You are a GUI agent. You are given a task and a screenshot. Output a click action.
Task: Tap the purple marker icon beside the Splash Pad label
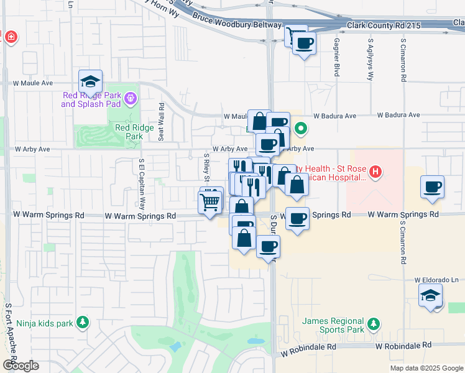coord(131,98)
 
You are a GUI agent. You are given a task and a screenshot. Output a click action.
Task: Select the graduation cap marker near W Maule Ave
coord(90,81)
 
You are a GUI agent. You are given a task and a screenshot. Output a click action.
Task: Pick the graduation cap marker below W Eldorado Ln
coord(431,296)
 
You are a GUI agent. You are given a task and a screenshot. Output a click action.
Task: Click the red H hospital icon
coord(375,172)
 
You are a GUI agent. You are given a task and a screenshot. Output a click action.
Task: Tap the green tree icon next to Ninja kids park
coord(81,322)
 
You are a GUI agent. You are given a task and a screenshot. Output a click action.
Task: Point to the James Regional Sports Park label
coord(333,324)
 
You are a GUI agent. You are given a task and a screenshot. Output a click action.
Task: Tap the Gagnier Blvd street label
coord(337,55)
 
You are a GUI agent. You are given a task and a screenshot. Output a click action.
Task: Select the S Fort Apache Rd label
coord(8,329)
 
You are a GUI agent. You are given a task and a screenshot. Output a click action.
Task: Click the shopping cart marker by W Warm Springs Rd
coord(210,201)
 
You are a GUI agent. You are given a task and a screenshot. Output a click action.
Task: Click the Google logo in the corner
coord(20,366)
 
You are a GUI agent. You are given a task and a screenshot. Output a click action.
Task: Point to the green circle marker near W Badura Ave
coord(301,130)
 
